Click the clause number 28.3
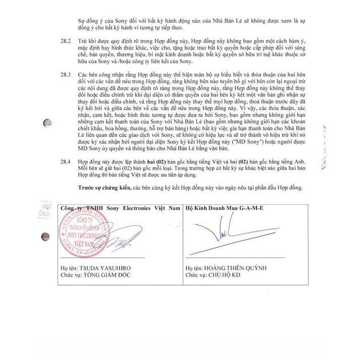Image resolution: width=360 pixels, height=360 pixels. [65, 74]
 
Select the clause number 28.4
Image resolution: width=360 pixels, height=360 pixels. [65, 159]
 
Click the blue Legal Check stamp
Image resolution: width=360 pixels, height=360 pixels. [45, 210]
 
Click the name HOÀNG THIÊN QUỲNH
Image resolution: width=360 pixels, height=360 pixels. [234, 268]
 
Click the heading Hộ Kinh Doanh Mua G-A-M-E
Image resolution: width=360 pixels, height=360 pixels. [224, 208]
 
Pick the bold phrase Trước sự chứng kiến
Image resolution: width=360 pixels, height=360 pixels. [105, 187]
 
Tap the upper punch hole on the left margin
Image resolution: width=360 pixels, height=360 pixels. [47, 123]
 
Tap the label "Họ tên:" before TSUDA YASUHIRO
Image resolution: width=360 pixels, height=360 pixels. [69, 268]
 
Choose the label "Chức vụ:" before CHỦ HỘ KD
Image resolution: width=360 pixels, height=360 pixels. [196, 275]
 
